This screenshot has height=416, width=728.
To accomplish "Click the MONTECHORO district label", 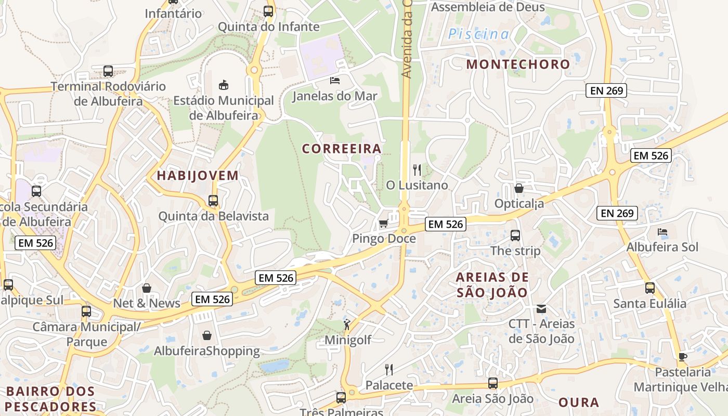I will point(518,64).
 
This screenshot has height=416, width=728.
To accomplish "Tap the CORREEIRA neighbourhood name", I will point(342,149).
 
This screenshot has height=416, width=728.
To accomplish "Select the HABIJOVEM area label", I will point(198,176).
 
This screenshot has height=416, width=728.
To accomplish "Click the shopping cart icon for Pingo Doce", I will point(384,224).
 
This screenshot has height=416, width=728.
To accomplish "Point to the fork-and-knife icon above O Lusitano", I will point(417,170).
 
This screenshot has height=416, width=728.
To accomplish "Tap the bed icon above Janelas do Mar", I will point(335,80).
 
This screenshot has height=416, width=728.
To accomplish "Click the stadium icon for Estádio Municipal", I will point(224,84).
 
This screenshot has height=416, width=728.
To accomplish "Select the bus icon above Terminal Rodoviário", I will point(108,71).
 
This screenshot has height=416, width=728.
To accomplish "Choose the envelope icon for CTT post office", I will point(541,309).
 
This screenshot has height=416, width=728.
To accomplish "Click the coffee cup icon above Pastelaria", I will point(682,357).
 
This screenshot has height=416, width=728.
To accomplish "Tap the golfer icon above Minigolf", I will point(347,325).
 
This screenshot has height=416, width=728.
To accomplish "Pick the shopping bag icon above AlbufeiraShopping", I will point(207,335).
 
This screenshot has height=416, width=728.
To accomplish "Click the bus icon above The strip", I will point(515,236).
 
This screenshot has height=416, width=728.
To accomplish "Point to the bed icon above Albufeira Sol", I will point(662,232).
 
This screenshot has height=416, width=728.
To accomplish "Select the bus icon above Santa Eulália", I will point(649,288).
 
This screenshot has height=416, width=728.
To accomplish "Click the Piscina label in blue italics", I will point(479,35).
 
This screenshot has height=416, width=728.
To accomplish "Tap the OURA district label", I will point(579,402).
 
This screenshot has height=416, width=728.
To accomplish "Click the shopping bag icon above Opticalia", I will point(519,188).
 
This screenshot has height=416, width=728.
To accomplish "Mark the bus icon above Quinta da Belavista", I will point(213,200).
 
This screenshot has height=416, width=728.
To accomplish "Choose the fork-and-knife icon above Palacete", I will point(388,370).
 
